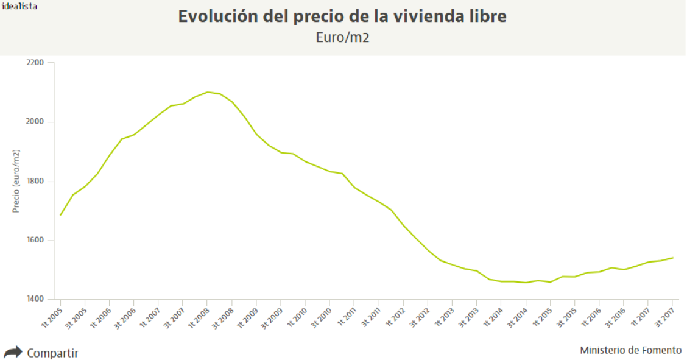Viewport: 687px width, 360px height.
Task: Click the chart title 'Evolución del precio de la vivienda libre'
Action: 342,16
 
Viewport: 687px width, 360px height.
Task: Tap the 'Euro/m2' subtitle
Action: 342,37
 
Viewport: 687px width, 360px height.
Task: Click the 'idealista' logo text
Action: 19,6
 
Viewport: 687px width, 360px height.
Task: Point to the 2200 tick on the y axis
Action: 36,63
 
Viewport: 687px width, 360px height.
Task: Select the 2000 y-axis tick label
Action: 36,122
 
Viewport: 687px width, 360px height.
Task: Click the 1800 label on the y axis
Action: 36,182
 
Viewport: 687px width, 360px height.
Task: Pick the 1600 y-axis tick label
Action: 36,241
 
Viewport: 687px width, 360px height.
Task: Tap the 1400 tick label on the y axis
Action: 36,300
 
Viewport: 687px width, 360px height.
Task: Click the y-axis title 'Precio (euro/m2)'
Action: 16,181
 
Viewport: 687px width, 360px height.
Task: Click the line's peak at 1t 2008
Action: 207,92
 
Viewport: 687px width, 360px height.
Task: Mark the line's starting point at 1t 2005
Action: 60,215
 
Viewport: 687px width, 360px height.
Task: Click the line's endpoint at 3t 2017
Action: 672,258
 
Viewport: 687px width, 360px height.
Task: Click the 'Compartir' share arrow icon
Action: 13,352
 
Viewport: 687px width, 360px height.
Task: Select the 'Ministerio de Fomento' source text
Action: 630,350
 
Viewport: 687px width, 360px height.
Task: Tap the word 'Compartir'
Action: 52,353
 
